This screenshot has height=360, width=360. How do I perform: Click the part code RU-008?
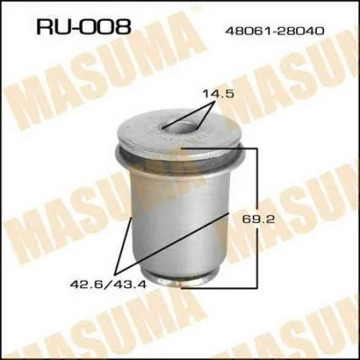(84, 26)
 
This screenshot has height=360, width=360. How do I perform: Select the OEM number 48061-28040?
(274, 31)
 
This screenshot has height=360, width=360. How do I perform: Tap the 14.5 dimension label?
(218, 94)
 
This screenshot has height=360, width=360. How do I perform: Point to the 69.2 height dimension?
(258, 220)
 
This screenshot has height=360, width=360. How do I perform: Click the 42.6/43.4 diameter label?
(108, 283)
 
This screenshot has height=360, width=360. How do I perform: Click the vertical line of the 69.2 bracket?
(256, 218)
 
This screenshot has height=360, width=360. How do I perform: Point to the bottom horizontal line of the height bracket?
(219, 287)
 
